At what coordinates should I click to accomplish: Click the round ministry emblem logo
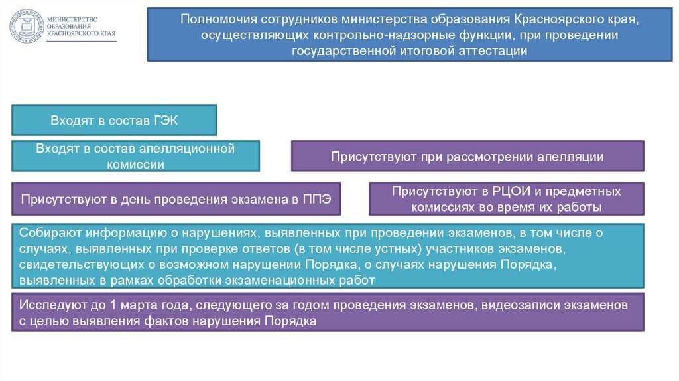coord(26,27)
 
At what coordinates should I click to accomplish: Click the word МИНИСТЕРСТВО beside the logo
coord(76,18)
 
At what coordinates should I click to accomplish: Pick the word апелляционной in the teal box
coord(196,149)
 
